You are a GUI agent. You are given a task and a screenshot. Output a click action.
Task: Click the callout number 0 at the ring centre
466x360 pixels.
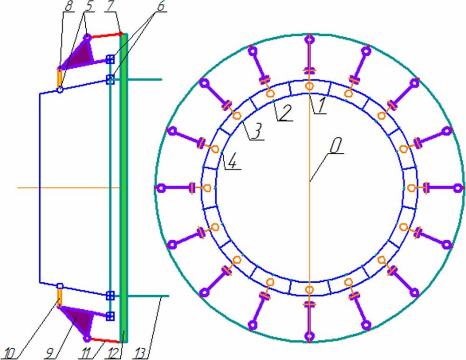(x=336, y=147)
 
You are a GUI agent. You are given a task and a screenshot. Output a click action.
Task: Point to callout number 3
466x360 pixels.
(x=257, y=132)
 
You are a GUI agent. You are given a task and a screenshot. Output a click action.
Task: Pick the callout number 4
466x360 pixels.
(x=232, y=162)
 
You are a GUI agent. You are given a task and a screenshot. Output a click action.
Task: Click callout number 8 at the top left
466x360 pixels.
(x=69, y=7)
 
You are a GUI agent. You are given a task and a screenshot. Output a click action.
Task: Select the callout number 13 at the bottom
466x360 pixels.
(x=140, y=353)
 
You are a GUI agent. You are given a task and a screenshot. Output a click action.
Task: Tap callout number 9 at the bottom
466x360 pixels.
(x=50, y=353)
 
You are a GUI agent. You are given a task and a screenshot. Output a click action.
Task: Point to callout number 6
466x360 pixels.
(x=160, y=6)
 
